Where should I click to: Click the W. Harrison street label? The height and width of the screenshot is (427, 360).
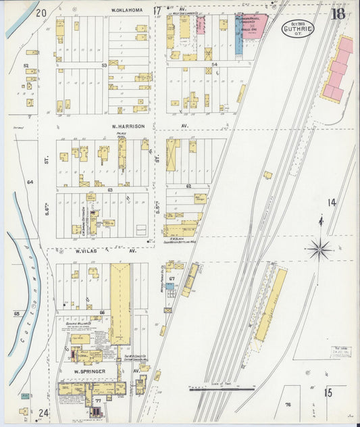[126, 126]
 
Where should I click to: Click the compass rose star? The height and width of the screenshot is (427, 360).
[319, 250]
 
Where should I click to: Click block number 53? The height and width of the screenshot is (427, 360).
[104, 66]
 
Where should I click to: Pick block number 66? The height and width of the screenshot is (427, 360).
[102, 311]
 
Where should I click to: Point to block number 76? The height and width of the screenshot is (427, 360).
[286, 405]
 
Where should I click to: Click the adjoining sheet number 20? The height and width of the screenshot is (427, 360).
[41, 12]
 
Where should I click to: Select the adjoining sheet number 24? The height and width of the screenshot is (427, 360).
[43, 413]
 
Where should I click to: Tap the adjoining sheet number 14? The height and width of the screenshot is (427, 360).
[332, 202]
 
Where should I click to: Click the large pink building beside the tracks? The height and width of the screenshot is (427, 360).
[338, 69]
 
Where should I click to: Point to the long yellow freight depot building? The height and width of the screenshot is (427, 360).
[270, 305]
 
